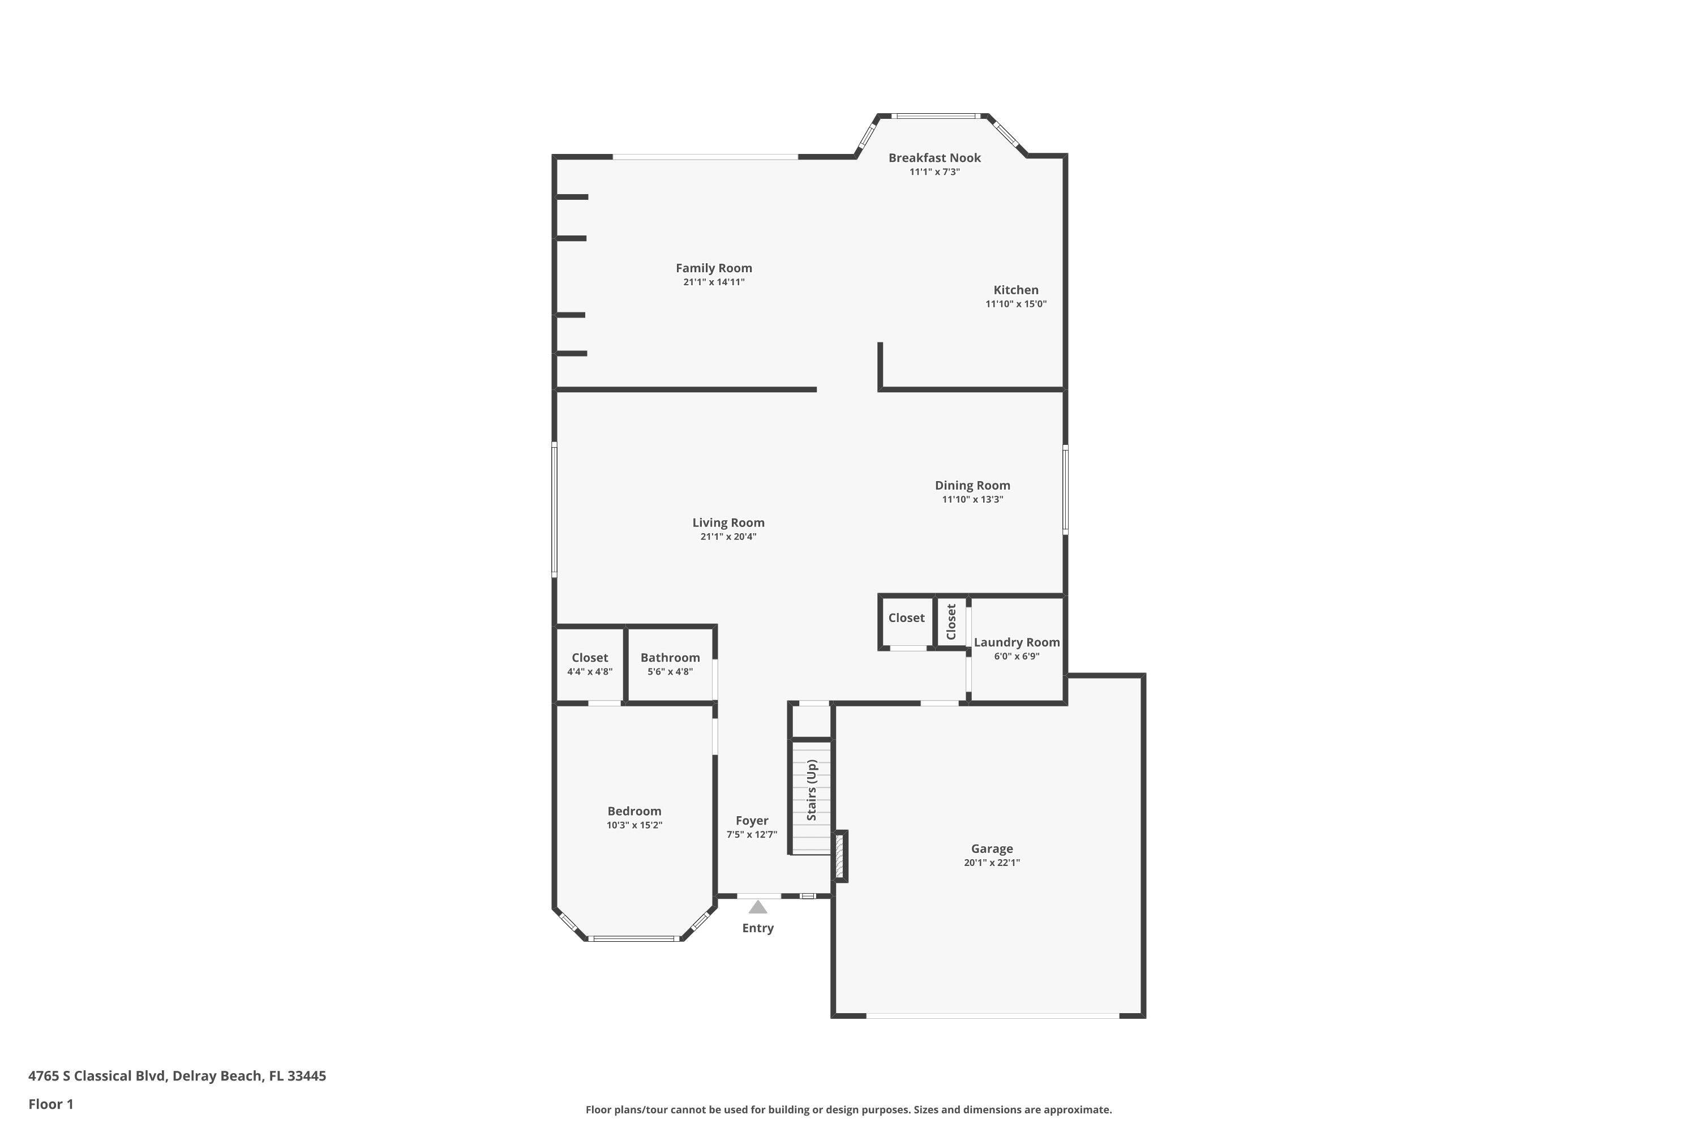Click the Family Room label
pos(713,268)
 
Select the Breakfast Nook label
pos(934,157)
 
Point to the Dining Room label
pos(972,485)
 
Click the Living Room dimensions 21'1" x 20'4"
pos(728,537)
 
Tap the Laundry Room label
pos(1016,642)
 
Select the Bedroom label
pos(634,811)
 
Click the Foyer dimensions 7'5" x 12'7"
pos(752,834)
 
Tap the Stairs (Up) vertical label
pos(812,790)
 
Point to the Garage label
pos(991,848)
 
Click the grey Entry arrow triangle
pos(757,907)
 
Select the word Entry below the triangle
pos(757,928)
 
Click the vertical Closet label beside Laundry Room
pos(951,621)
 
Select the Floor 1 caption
pos(50,1104)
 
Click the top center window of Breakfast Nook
pos(935,115)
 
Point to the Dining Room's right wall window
pos(1065,490)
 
